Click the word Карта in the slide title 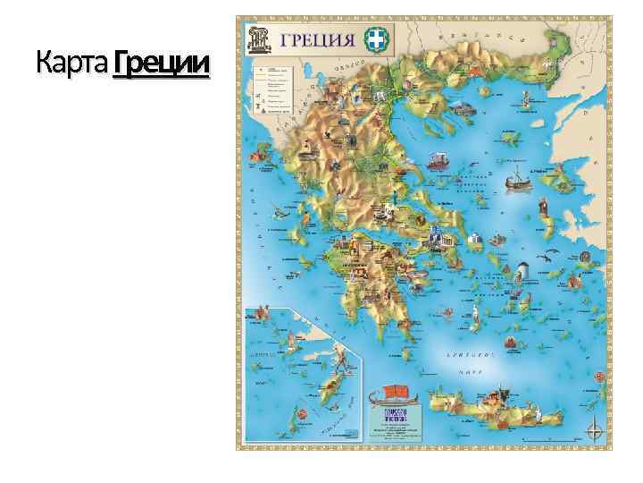pos(73,64)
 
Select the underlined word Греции pos(162,64)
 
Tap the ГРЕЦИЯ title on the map pos(316,38)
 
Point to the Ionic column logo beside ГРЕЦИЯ pos(260,38)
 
